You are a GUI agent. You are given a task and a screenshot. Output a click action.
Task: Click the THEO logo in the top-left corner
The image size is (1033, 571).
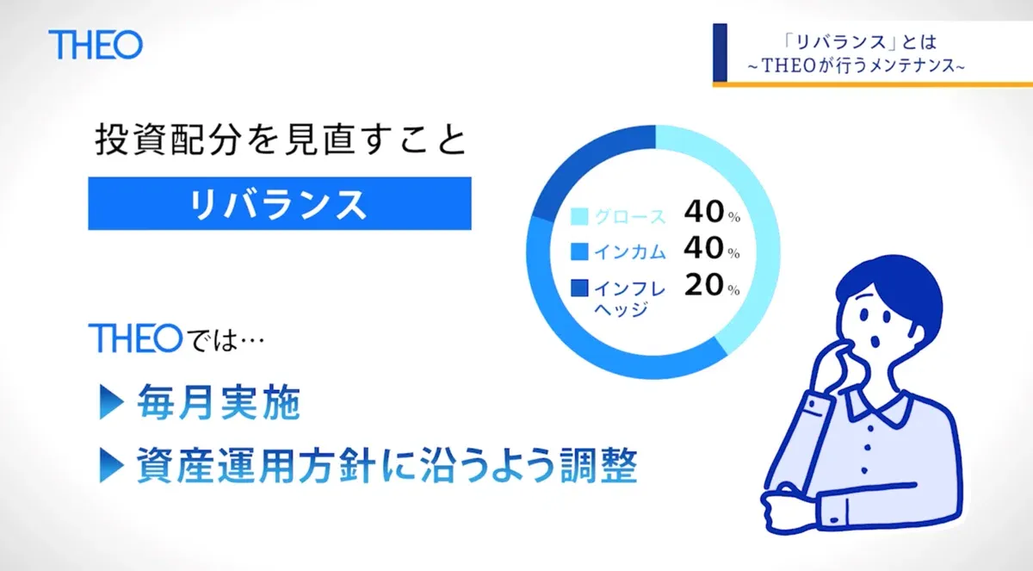[96, 45]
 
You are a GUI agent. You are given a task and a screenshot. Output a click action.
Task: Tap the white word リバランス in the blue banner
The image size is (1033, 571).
[279, 204]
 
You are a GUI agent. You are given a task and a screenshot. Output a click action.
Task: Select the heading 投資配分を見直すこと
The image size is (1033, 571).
[281, 140]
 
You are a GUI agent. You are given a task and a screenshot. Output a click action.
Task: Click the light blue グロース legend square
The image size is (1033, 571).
[579, 216]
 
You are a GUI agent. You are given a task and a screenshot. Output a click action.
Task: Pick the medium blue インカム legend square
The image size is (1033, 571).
[579, 251]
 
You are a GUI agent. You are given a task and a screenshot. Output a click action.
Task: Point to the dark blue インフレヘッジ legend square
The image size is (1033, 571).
[579, 288]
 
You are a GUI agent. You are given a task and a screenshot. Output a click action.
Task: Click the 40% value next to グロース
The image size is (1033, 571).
[712, 212]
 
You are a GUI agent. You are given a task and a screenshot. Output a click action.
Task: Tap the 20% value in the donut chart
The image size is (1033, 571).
[712, 285]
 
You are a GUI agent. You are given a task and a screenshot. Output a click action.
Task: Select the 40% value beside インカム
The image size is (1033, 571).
[712, 249]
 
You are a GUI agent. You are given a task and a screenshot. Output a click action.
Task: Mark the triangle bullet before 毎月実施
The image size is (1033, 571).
[112, 403]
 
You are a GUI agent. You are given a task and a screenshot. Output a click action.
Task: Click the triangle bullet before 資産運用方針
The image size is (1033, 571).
[112, 466]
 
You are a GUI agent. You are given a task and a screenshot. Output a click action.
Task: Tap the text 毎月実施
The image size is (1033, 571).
[219, 403]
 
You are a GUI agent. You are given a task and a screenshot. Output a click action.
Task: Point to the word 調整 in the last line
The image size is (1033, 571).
[598, 465]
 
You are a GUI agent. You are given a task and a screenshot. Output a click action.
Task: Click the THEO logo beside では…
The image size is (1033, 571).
[136, 338]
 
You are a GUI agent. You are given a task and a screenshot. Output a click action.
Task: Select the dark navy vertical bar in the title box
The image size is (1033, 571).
[720, 53]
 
